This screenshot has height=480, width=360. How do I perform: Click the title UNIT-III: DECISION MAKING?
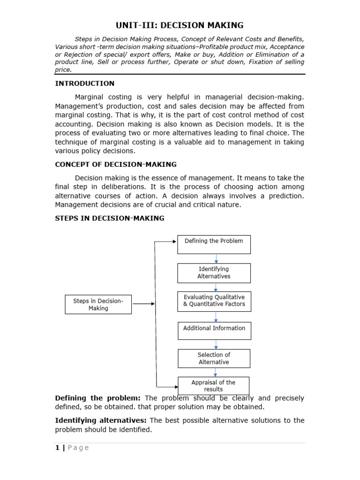[x=180, y=25]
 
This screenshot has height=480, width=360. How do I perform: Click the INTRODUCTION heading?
[x=84, y=83]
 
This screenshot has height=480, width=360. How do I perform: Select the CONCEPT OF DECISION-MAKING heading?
[x=116, y=164]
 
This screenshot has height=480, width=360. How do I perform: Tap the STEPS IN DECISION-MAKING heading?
[x=110, y=218]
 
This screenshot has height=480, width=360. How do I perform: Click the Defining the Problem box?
[x=214, y=244]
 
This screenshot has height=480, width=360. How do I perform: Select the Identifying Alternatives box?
[x=214, y=273]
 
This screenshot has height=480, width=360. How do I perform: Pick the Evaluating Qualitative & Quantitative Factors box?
[x=214, y=300]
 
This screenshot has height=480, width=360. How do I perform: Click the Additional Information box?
[x=214, y=330]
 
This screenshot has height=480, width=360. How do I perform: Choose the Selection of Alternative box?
[x=214, y=358]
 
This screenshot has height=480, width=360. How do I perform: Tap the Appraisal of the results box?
[x=213, y=386]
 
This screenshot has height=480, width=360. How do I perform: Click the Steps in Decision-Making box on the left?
[x=98, y=304]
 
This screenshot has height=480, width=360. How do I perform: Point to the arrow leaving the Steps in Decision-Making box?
[x=143, y=304]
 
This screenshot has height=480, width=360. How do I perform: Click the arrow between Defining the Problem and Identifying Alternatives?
[x=216, y=259]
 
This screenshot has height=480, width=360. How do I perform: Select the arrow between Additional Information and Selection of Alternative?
[x=216, y=345]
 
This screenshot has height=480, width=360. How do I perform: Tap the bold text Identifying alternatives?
[x=101, y=420]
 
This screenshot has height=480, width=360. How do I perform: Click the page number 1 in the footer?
[x=57, y=448]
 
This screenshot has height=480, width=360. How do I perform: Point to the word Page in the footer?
[x=78, y=448]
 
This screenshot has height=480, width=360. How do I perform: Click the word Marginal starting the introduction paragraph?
[x=91, y=97]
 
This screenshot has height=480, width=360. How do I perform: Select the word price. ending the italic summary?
[x=63, y=69]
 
